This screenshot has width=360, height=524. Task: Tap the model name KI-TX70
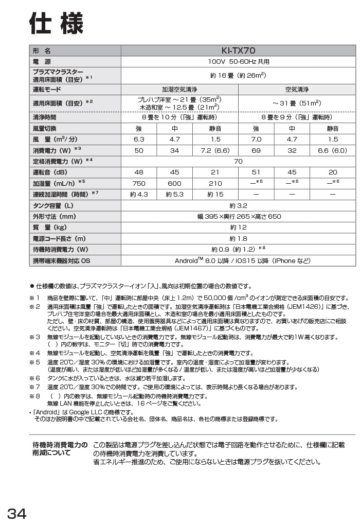coord(238,51)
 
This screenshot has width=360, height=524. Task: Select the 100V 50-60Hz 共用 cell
coord(238,62)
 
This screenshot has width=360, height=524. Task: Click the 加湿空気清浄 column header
coord(179,89)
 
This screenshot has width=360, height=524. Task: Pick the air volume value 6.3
coord(139,139)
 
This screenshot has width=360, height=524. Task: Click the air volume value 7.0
coord(256,139)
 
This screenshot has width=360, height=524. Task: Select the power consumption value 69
coord(256,150)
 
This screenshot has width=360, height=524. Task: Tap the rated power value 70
coord(238,161)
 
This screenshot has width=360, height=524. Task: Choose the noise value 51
coord(256,172)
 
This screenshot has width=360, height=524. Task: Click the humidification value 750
coord(139,183)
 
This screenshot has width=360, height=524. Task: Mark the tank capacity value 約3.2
coord(238,205)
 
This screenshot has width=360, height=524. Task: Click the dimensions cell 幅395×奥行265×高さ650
coord(238,217)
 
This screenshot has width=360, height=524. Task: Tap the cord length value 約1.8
coord(238,239)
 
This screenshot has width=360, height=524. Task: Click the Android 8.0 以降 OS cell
coord(238,261)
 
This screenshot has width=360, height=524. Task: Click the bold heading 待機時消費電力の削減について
coord(59,448)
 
